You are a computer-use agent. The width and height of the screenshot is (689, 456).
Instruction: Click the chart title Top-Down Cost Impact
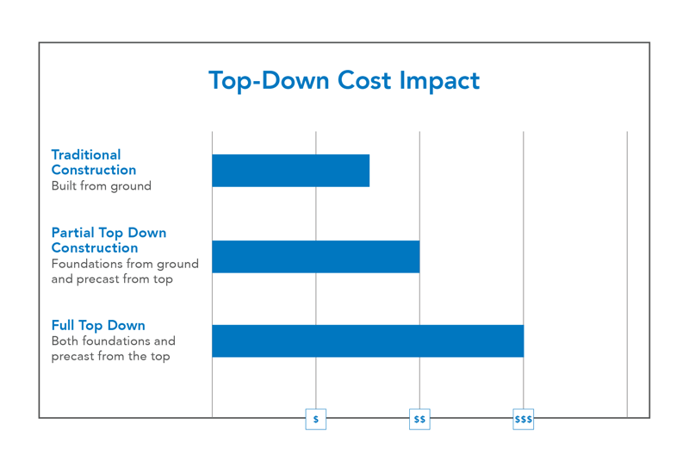point(344,81)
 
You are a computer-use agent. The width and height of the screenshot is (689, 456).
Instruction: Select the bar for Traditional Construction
point(290,171)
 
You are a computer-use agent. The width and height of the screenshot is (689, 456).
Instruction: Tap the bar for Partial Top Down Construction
point(315,257)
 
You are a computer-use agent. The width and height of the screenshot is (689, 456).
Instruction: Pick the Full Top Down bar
point(367,341)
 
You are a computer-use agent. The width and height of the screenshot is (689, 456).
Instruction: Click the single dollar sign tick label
point(316,420)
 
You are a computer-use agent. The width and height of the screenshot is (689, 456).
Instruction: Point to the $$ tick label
point(419,420)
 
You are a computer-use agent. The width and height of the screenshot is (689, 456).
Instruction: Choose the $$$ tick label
point(523,420)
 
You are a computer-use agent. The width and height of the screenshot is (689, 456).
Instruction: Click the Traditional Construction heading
point(93,163)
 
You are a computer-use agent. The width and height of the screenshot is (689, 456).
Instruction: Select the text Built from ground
point(101,186)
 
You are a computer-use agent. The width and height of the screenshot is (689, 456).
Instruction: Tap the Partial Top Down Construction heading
point(109,240)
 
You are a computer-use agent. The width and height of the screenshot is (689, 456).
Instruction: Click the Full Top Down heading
point(98,326)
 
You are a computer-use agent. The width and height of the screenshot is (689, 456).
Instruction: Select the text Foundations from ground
point(125,264)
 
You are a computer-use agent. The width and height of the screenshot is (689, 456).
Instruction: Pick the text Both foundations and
point(113,341)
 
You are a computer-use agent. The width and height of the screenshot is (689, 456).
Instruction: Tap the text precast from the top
point(110,357)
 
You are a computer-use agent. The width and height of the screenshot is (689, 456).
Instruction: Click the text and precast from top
point(112,279)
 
